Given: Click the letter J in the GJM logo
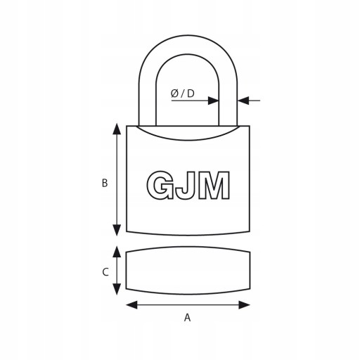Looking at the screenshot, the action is [186, 185].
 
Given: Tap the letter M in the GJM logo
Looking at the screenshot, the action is [214, 185].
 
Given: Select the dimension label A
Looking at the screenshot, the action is [187, 318].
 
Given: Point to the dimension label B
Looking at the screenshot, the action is [105, 183].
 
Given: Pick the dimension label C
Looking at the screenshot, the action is [105, 272].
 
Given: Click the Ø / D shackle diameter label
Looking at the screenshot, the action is [183, 94].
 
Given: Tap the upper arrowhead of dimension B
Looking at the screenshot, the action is [117, 129].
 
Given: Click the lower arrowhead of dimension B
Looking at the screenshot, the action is [117, 230].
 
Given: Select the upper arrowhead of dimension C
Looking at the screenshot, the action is [117, 252].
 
